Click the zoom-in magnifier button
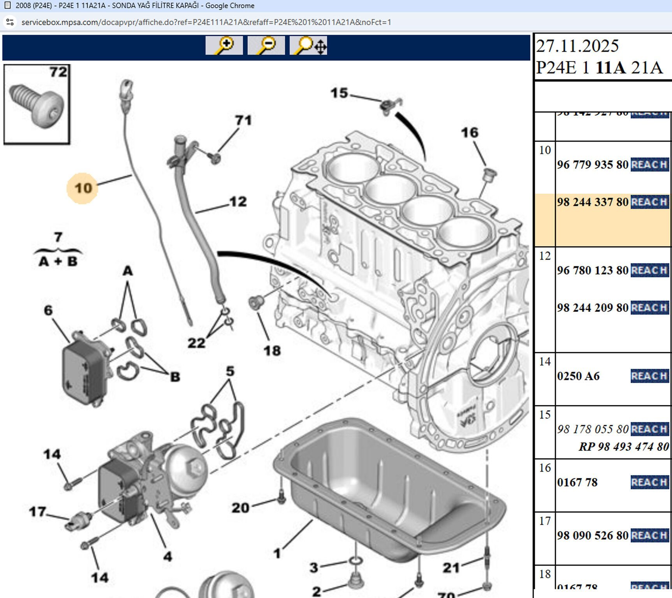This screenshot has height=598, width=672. point(224,46)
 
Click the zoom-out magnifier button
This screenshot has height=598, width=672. point(266,46)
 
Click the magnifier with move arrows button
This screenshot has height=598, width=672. point(308,46)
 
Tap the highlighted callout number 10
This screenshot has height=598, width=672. point(83,188)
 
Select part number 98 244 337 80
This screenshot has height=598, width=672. point(592,202)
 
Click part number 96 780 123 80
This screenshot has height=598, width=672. point(592,270)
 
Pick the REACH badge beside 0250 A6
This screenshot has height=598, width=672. point(649,376)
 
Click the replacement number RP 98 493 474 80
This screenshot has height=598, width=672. point(624,447)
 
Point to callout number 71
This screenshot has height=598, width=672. point(243,120)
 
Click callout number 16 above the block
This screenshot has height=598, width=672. point(469,133)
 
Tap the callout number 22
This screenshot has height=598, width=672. point(196,343)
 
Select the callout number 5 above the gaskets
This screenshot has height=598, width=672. point(230,371)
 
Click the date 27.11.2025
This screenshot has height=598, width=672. point(577,46)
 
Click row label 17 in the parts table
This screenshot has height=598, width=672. point(545,521)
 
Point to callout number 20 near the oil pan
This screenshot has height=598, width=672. point(240,508)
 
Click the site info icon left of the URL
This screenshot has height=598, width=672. point(10,22)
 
